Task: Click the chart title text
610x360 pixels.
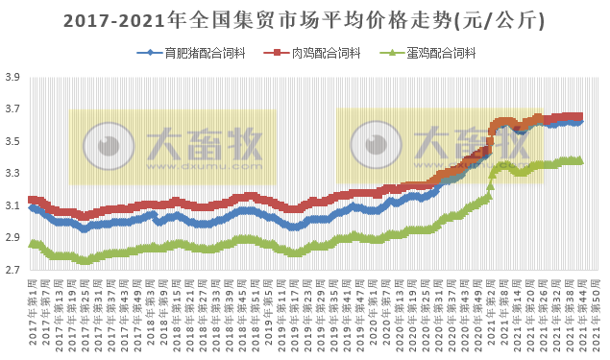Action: [x=305, y=19]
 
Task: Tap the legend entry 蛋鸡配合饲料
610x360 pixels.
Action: [x=439, y=54]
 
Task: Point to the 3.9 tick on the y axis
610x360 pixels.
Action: [x=13, y=78]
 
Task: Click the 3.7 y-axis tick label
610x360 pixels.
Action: [x=13, y=109]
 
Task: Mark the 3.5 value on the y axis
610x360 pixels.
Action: [x=13, y=142]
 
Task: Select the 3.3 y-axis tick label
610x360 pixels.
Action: [x=13, y=174]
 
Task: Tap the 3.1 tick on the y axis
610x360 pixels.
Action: [x=13, y=206]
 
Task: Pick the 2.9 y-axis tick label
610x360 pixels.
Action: [x=13, y=238]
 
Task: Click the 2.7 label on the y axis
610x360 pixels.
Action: [x=13, y=271]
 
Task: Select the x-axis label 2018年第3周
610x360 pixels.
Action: [x=153, y=312]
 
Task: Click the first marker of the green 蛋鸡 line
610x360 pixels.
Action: [x=32, y=244]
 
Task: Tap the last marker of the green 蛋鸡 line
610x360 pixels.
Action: [x=580, y=160]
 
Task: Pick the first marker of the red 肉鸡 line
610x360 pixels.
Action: [x=32, y=200]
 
